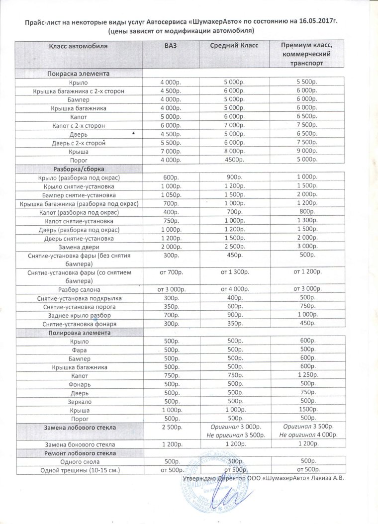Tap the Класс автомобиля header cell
coord(78,46)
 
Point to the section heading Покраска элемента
coord(78,74)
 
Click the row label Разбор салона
coord(79,289)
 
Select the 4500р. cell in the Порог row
coord(233,160)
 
